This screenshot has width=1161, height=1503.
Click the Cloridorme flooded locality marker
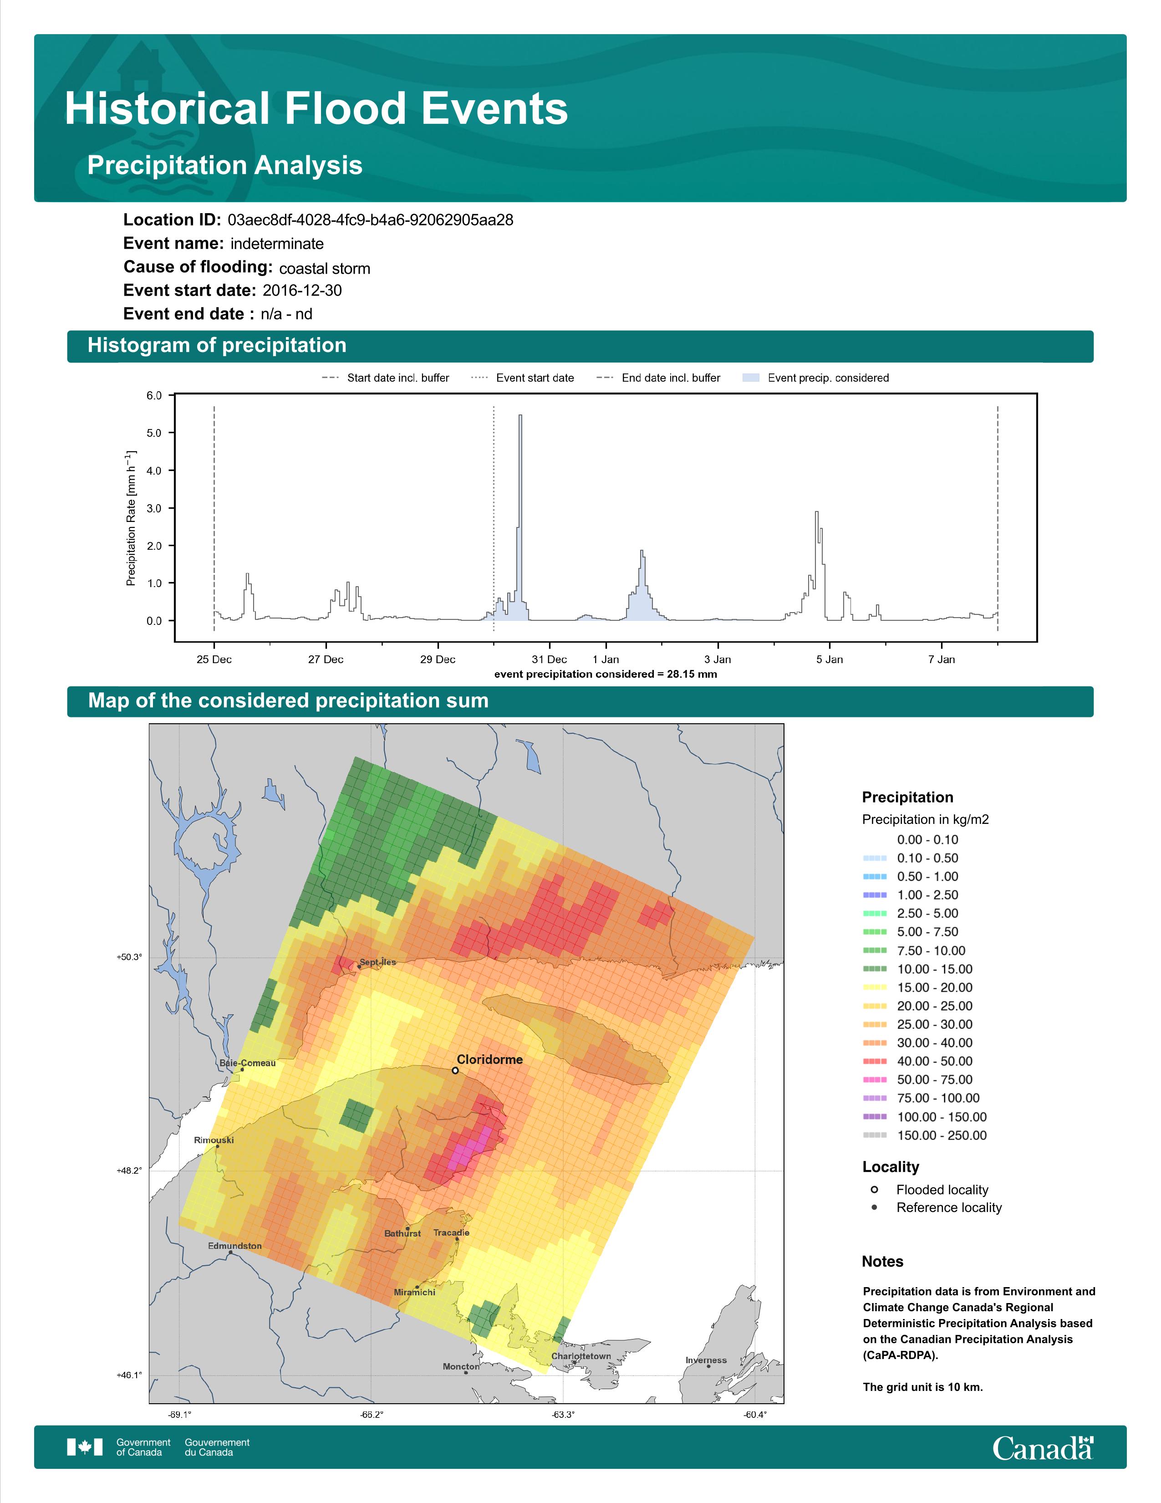[x=455, y=1070]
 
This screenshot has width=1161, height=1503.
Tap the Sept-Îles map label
[x=377, y=962]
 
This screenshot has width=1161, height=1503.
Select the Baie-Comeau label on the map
[x=248, y=1063]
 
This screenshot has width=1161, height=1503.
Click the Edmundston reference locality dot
[x=230, y=1252]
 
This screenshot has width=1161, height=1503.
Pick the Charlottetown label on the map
[x=581, y=1356]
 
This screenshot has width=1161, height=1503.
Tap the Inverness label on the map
[x=706, y=1360]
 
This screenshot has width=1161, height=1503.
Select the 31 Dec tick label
[x=550, y=659]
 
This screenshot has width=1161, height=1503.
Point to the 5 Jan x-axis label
[x=830, y=659]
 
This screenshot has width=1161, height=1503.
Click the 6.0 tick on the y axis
[x=154, y=396]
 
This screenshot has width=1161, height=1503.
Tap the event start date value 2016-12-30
[x=302, y=291]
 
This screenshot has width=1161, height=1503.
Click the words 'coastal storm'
[x=325, y=268]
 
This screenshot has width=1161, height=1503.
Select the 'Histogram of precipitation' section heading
[x=217, y=346]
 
